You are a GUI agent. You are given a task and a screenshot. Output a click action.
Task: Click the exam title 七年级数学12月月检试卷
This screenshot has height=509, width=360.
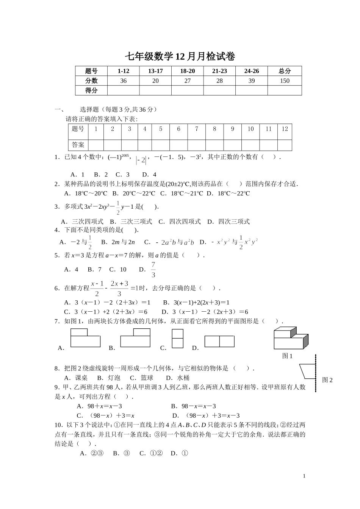click(180, 57)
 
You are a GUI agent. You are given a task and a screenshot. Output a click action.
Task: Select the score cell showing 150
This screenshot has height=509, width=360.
click(284, 81)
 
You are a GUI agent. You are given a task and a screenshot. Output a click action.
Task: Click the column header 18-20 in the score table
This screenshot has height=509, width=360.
click(187, 71)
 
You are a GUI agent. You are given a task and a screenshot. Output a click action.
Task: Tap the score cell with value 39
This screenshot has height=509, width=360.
click(252, 81)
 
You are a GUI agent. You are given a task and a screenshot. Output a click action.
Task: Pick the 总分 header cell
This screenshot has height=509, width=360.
click(284, 71)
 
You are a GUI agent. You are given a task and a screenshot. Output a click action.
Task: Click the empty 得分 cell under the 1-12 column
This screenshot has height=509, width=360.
click(123, 90)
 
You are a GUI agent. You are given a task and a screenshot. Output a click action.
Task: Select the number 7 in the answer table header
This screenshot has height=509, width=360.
click(196, 129)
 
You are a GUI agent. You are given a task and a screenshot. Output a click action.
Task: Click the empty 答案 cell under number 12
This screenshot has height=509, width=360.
click(285, 145)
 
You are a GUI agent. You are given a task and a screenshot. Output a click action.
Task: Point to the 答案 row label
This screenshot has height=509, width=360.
click(78, 145)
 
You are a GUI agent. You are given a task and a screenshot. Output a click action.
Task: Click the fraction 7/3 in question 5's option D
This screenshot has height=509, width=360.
click(153, 270)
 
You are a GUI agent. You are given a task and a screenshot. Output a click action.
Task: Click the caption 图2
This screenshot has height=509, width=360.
click(327, 380)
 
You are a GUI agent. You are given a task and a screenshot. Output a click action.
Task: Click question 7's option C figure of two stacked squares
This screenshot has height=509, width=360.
click(177, 338)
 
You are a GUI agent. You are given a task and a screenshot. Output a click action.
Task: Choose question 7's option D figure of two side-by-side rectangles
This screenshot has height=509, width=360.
click(219, 342)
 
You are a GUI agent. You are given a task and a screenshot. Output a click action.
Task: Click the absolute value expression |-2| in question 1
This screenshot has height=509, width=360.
click(141, 161)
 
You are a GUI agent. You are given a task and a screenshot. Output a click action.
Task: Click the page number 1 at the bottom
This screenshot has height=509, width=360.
click(304, 476)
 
